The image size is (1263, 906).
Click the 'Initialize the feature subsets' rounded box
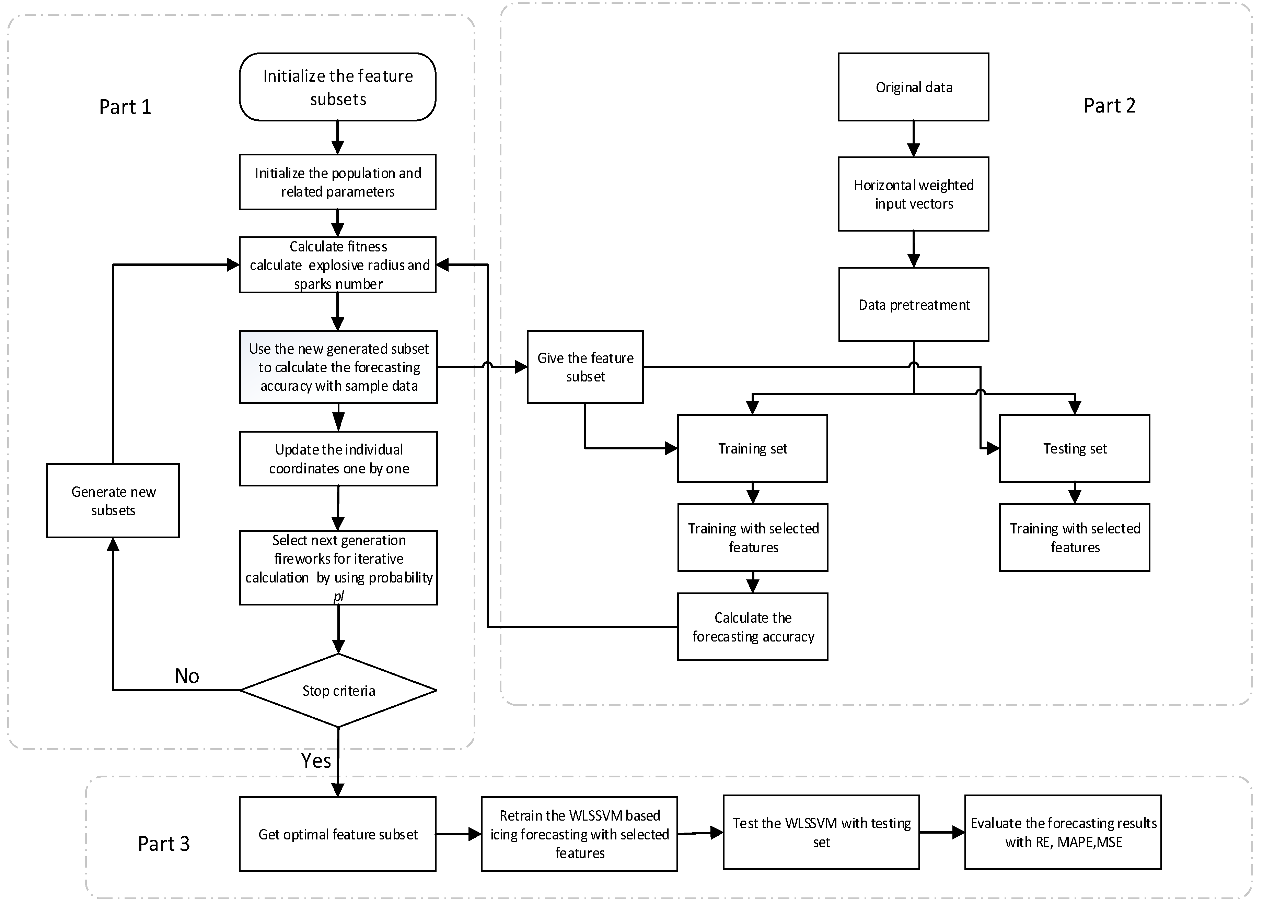pyautogui.click(x=337, y=87)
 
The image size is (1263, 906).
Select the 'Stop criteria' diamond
pyautogui.click(x=338, y=690)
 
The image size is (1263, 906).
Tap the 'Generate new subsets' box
pyautogui.click(x=113, y=500)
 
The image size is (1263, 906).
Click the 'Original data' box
pyautogui.click(x=913, y=87)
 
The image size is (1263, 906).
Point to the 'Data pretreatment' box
pyautogui.click(x=913, y=304)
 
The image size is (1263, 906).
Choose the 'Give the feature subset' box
pyautogui.click(x=585, y=367)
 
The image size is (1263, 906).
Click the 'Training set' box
pyautogui.click(x=752, y=448)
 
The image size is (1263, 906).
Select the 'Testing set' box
pyautogui.click(x=1074, y=448)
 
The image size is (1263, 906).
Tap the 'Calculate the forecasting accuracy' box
pyautogui.click(x=752, y=627)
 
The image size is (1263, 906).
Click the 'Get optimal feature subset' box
pyautogui.click(x=337, y=834)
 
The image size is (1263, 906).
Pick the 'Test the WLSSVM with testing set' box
pyautogui.click(x=821, y=832)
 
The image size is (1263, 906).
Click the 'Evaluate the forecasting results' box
pyautogui.click(x=1063, y=832)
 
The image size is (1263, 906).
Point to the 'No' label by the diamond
pyautogui.click(x=187, y=675)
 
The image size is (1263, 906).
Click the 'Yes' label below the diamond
pyautogui.click(x=316, y=760)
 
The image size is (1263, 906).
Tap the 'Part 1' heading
pyautogui.click(x=125, y=107)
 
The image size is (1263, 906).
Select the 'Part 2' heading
pyautogui.click(x=1109, y=105)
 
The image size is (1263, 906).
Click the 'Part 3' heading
pyautogui.click(x=164, y=844)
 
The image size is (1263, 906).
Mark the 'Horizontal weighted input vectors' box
pyautogui.click(x=913, y=194)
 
